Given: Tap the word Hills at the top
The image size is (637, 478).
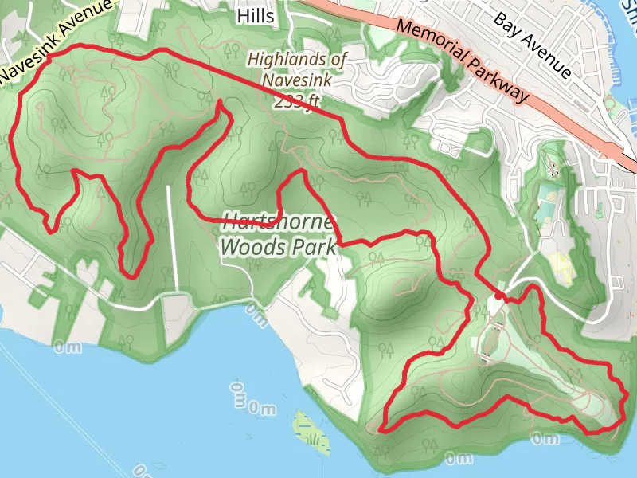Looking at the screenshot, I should (x=256, y=16).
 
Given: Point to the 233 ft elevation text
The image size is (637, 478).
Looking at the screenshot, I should (x=297, y=101).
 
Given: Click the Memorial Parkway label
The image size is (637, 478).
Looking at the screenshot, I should (x=462, y=61).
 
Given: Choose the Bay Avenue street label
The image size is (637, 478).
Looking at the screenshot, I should (x=533, y=44).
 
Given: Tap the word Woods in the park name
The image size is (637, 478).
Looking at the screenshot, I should (x=254, y=247).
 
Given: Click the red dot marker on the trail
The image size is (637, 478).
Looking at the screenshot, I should (x=498, y=296).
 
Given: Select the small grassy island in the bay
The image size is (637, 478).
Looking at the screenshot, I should (x=311, y=431).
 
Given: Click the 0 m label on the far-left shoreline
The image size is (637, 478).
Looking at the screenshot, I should (x=68, y=347).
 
